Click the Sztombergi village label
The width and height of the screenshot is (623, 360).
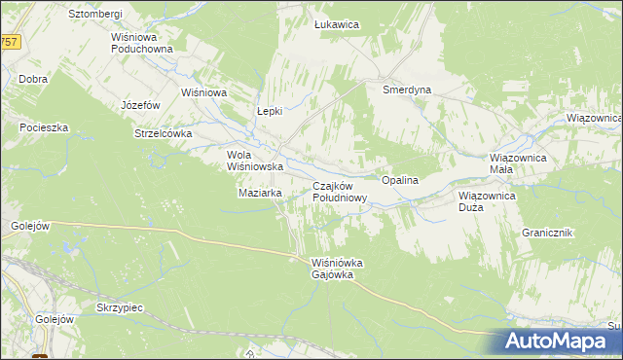94,15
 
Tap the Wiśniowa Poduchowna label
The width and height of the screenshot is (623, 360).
141,43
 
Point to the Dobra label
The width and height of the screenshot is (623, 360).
33,79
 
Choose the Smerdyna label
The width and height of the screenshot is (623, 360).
407,89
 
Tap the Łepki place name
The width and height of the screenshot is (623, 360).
269,111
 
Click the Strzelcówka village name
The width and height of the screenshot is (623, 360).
164,133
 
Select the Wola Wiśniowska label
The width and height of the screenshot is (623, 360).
254,161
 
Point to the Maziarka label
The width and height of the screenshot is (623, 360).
260,193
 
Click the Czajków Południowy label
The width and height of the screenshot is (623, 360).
340,192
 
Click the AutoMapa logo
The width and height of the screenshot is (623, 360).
563,342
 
